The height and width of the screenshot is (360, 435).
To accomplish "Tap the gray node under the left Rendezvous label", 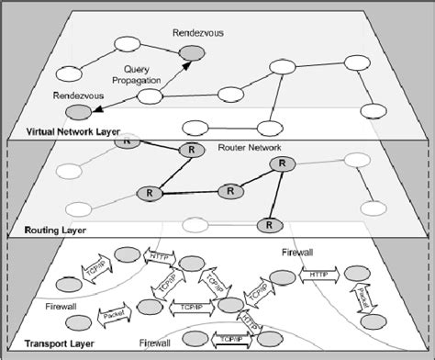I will (x=81, y=112).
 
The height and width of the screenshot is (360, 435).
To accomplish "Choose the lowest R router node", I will (x=270, y=223).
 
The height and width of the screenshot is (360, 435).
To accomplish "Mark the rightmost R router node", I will (x=281, y=163).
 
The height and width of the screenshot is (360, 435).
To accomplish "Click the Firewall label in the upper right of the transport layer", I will (x=295, y=250).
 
